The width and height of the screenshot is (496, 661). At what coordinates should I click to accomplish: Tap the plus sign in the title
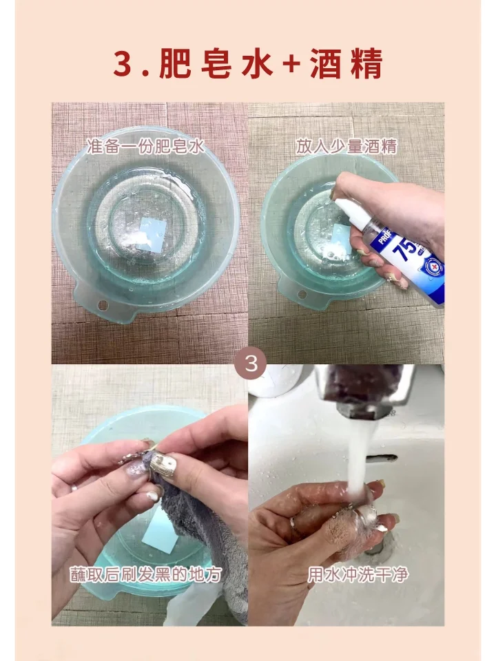tap(295, 65)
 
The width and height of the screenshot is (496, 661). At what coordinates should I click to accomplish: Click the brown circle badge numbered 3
tap(251, 364)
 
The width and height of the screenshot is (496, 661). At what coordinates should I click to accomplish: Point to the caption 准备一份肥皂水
tap(146, 146)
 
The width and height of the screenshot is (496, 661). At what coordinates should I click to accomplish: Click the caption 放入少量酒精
tap(347, 146)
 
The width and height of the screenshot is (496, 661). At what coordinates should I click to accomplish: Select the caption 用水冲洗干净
tap(358, 574)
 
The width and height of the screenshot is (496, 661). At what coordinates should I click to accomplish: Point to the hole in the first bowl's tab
tap(103, 304)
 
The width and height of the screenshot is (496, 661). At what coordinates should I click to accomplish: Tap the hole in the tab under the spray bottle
tap(300, 295)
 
